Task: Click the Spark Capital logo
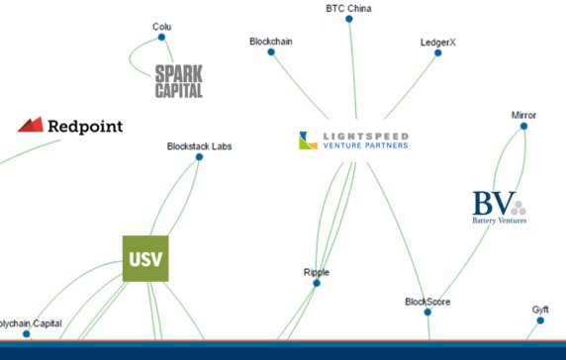179,81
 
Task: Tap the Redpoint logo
70,126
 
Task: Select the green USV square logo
145,259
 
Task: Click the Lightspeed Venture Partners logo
353,140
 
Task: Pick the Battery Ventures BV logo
499,207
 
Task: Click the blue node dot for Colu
161,38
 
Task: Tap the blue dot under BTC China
349,19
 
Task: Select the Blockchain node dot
270,51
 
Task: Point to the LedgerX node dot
438,52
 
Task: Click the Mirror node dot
523,126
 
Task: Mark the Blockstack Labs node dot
199,156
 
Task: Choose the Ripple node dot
317,283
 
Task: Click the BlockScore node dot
427,312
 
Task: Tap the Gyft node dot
539,319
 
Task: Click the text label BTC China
349,8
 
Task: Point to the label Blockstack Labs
199,145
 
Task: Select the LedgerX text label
438,42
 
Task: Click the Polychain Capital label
31,323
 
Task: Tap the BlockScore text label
427,301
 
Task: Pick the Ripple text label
317,272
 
